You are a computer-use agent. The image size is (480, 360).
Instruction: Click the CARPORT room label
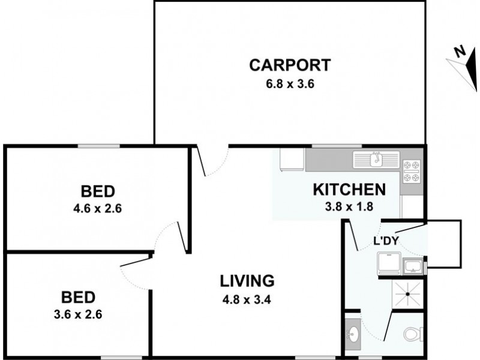[x=290, y=64]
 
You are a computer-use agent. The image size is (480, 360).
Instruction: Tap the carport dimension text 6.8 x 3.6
[x=290, y=83]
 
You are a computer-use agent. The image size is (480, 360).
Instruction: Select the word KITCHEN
[x=349, y=190]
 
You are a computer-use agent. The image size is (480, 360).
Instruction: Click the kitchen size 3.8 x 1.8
[x=349, y=208]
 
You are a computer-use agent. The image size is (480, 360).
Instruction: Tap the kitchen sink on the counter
[x=376, y=159]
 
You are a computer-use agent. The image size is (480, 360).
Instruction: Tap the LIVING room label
[x=247, y=280]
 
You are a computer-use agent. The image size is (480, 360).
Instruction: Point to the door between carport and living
[x=213, y=161]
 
